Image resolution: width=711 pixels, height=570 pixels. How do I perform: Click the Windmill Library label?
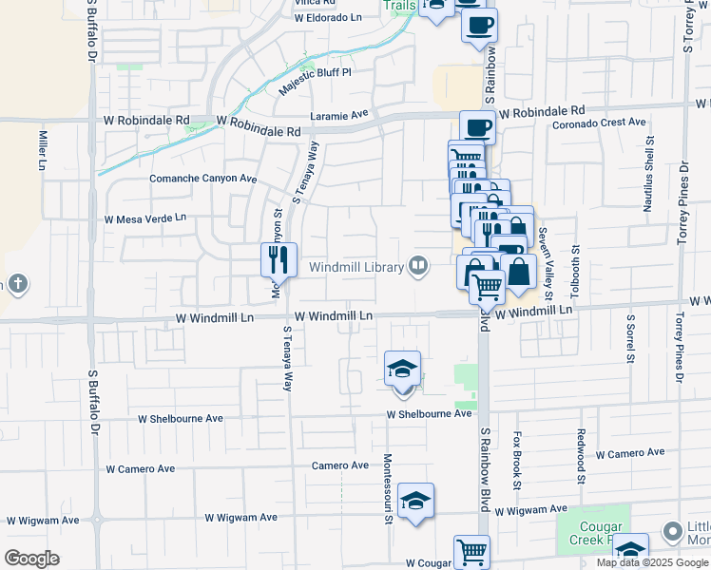point(356,268)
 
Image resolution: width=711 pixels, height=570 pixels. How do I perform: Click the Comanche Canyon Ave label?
point(203,178)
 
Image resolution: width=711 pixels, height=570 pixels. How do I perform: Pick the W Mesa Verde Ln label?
point(145,218)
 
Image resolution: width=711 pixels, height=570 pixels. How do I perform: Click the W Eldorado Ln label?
point(329,17)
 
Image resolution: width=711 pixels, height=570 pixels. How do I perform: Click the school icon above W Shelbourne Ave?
point(403,368)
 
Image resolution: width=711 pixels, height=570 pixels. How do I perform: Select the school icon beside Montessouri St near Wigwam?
point(415,501)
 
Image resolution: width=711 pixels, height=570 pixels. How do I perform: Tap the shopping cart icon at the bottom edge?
point(471,551)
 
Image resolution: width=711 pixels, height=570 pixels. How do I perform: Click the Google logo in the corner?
point(31,559)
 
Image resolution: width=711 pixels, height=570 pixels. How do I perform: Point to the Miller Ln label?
point(43,150)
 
